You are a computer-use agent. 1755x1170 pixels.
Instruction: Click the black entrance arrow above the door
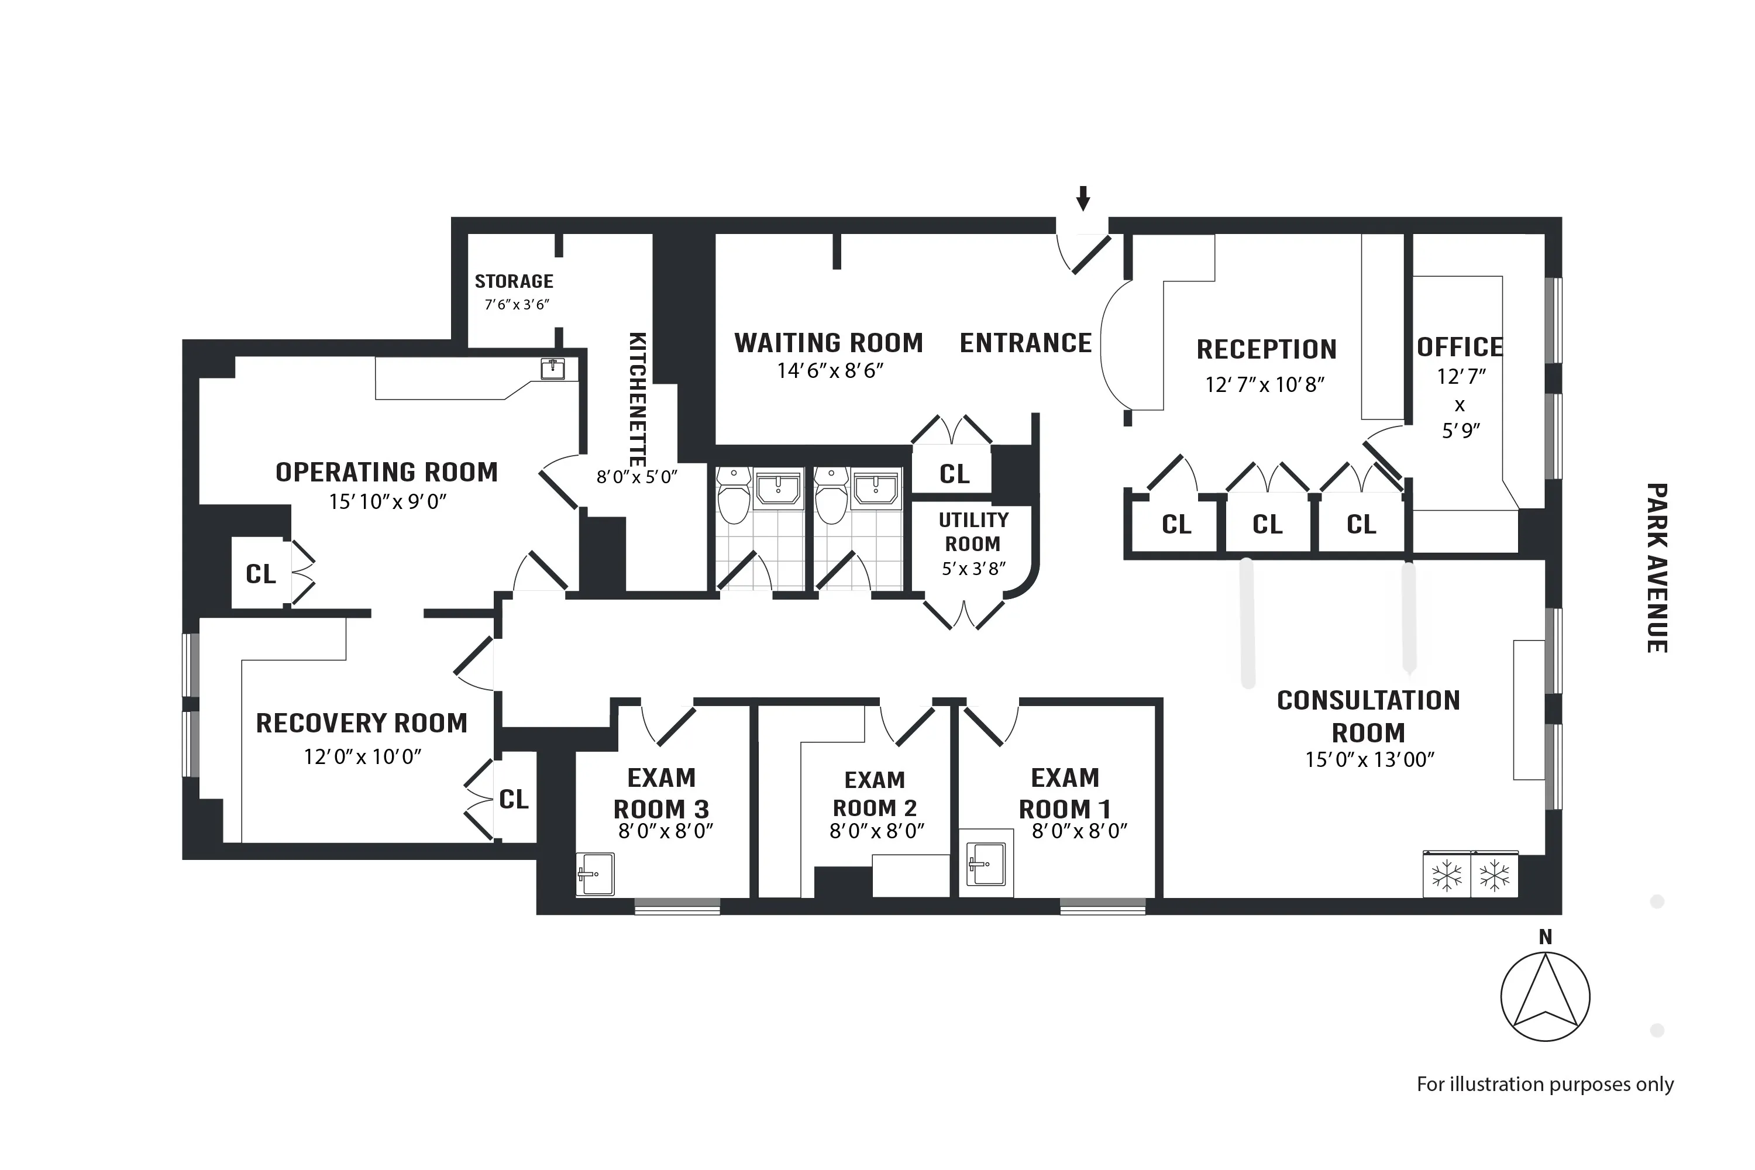tap(1083, 198)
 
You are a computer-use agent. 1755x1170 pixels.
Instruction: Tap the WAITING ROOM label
tap(828, 343)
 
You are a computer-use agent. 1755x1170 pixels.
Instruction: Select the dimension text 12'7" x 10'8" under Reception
tap(1265, 385)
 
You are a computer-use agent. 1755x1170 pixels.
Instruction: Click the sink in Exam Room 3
tap(596, 874)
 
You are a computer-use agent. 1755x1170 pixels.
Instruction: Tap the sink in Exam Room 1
tap(986, 864)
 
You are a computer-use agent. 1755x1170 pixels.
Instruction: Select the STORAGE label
tap(514, 281)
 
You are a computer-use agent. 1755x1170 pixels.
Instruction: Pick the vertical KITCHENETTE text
tap(638, 399)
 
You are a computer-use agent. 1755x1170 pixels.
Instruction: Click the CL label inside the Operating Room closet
tap(260, 574)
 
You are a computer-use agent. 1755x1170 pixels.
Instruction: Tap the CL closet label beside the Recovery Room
tap(514, 800)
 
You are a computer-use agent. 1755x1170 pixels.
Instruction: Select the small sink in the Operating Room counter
tap(552, 369)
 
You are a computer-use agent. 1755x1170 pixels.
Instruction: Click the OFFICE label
tap(1460, 347)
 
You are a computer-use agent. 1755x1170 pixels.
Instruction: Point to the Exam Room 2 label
tap(875, 794)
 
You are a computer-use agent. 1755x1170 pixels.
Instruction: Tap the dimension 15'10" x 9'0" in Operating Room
tap(387, 502)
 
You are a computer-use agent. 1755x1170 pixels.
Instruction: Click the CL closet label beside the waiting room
tap(954, 474)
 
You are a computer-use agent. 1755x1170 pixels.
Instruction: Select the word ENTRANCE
tap(1026, 343)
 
